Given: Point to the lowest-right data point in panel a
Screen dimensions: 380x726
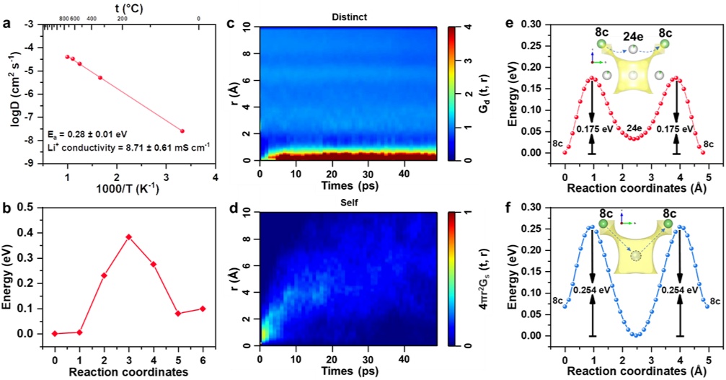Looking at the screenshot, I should tap(182, 131).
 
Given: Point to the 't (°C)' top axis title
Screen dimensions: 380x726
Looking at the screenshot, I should tap(126, 6).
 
